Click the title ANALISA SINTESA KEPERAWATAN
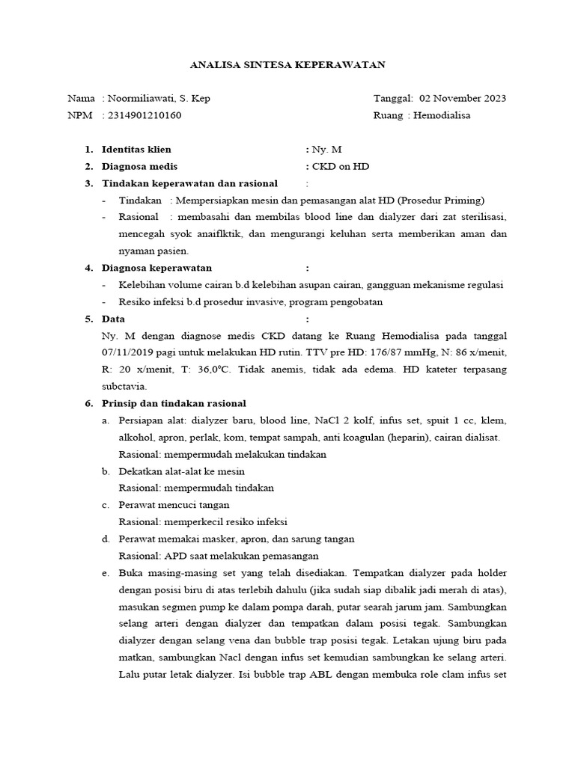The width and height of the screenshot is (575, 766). [x=287, y=65]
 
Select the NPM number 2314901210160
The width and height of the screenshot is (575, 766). [x=144, y=115]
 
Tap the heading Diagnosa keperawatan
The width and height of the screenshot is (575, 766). [x=156, y=268]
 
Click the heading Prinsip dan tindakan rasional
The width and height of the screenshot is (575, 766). [x=174, y=404]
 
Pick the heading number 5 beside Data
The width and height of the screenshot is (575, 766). [x=88, y=319]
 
